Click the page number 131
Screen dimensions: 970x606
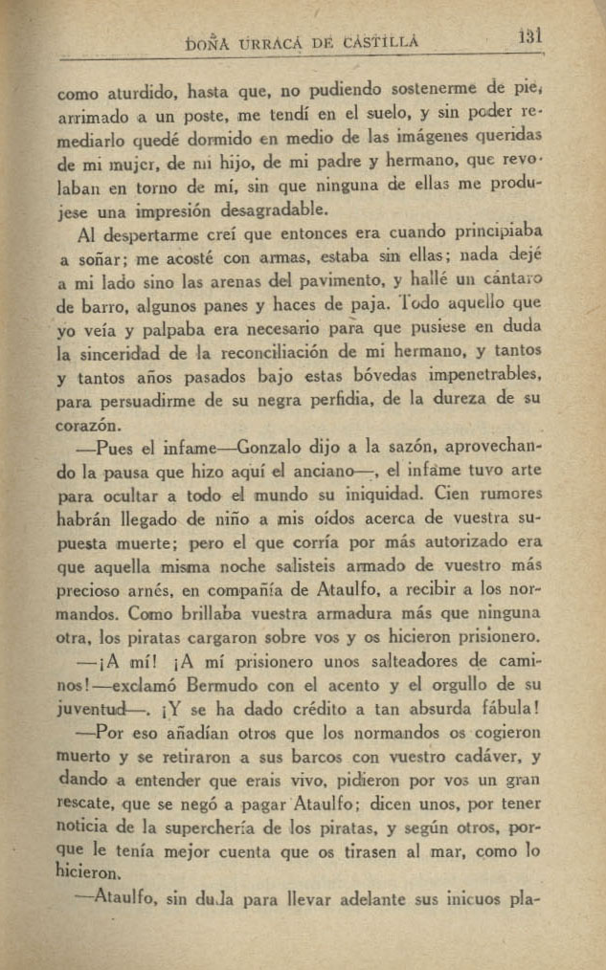pyautogui.click(x=529, y=37)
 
